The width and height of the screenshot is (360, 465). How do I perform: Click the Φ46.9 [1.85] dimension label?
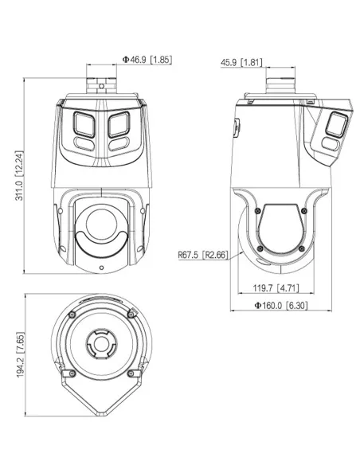(x=147, y=59)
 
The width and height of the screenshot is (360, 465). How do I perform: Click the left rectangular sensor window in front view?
(x=82, y=123)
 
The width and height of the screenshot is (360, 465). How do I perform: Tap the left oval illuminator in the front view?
(x=84, y=143)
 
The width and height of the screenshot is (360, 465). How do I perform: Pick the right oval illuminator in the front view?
(x=119, y=143)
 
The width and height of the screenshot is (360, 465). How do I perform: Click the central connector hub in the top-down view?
(x=101, y=346)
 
